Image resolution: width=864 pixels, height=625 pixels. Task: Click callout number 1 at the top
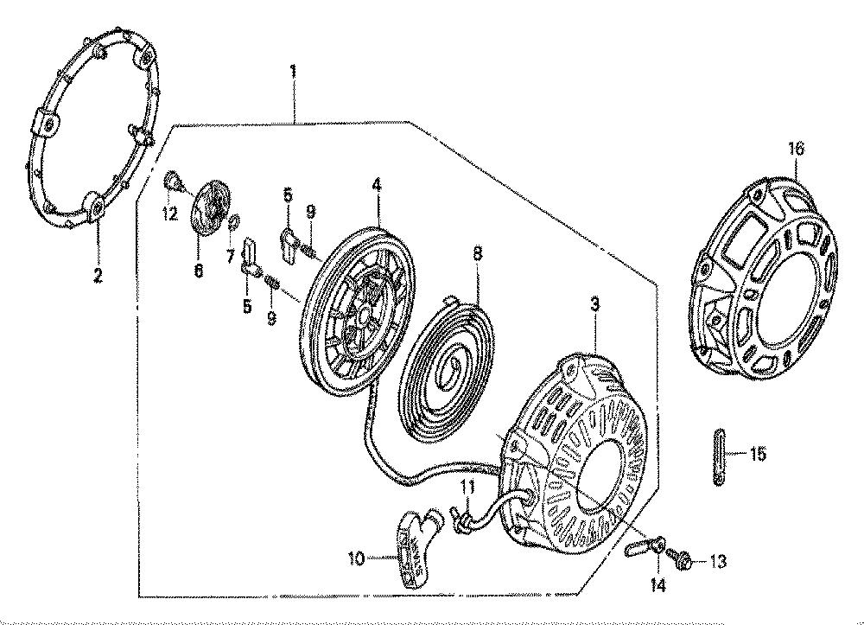point(293,73)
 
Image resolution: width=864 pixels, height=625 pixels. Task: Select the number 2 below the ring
point(98,275)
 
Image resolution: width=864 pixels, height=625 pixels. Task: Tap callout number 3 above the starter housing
point(595,304)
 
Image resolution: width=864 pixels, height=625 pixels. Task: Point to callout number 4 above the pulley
point(377,185)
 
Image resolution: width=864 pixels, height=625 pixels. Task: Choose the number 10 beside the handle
point(357,559)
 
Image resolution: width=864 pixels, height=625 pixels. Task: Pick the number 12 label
point(170,214)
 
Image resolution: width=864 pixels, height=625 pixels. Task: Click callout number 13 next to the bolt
point(717,562)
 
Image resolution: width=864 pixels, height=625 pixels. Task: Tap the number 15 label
point(758,454)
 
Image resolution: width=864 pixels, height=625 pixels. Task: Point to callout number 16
point(797,149)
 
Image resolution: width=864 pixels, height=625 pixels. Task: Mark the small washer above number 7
point(232,221)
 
